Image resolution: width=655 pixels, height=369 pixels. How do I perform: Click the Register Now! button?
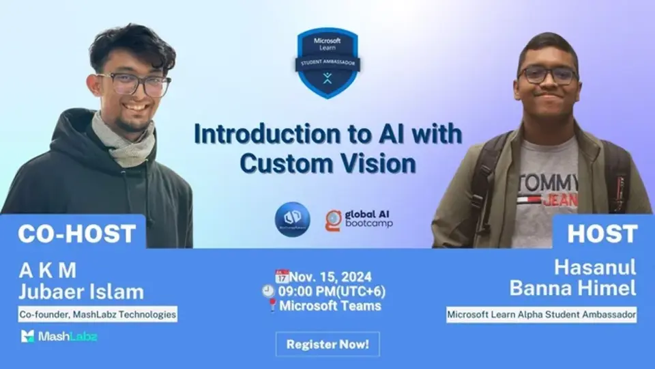(x=327, y=344)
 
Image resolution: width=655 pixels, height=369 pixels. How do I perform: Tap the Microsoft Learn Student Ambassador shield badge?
(x=327, y=62)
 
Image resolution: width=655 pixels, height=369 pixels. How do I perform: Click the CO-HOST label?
(x=76, y=233)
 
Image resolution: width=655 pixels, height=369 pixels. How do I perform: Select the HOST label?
(x=601, y=233)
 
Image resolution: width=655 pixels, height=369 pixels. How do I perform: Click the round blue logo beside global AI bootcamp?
(x=293, y=219)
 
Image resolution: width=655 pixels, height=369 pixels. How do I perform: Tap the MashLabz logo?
(x=59, y=336)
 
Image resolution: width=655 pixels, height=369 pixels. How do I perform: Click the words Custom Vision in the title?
(x=327, y=164)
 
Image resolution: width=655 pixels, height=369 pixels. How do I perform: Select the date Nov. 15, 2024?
(x=331, y=277)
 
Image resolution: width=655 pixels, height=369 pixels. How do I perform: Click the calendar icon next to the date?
(x=282, y=276)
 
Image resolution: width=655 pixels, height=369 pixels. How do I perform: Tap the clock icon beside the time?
(x=268, y=291)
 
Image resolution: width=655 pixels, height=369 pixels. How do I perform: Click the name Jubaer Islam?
(x=81, y=292)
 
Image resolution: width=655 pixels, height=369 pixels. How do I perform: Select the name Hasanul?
(x=595, y=267)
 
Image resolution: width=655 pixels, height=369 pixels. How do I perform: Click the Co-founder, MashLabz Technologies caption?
(x=98, y=315)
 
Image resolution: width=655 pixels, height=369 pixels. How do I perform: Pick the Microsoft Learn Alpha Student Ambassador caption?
(x=542, y=315)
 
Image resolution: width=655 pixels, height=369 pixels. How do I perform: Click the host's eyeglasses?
(x=547, y=75)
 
